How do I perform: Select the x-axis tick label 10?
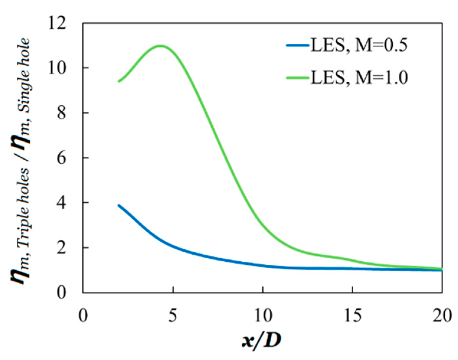[x=263, y=315]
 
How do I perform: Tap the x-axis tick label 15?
[x=353, y=315]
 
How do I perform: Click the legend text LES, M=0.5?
[x=359, y=45]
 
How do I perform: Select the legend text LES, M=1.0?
[x=359, y=78]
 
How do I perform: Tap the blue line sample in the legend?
[x=297, y=45]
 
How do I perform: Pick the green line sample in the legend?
[x=297, y=78]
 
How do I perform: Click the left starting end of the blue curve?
[x=119, y=205]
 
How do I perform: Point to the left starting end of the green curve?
[x=119, y=81]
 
